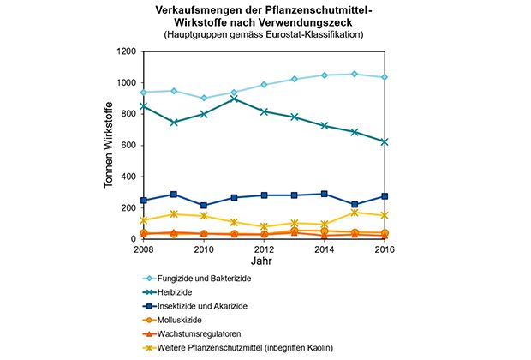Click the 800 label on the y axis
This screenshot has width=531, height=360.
tap(128, 114)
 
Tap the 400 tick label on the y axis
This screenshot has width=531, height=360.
tap(128, 177)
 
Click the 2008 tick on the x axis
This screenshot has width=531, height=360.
tap(144, 249)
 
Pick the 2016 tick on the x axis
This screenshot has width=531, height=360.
tap(385, 249)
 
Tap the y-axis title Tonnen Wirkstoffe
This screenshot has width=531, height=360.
tap(109, 146)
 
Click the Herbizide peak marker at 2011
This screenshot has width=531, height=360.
tap(234, 99)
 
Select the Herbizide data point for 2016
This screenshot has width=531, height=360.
tap(385, 141)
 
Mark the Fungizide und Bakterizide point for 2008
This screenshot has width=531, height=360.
tap(144, 93)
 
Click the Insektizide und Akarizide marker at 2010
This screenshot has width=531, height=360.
tap(204, 206)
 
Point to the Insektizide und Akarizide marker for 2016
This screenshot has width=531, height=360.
tap(385, 196)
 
